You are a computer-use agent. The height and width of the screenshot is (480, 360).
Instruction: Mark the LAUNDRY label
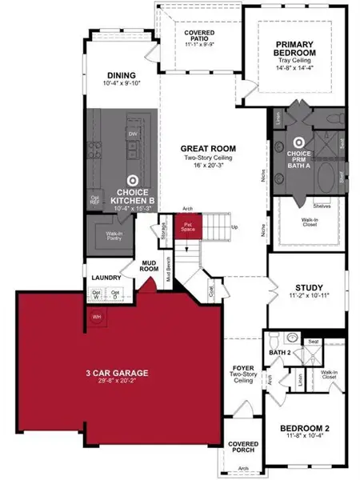click(106, 278)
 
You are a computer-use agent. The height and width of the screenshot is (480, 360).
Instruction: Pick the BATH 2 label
click(278, 351)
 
